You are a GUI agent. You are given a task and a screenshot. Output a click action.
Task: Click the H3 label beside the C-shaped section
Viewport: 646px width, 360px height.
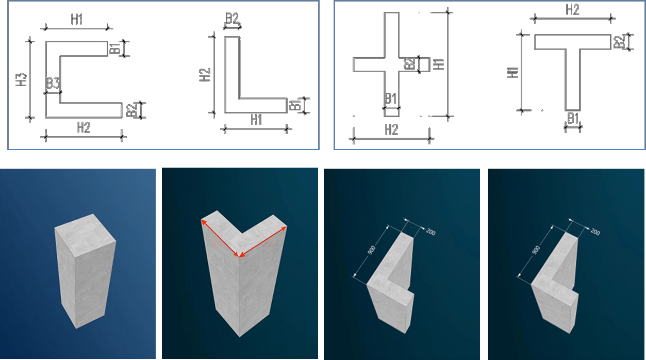coord(21,79)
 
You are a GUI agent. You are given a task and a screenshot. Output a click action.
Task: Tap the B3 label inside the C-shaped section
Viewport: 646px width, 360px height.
coord(53,84)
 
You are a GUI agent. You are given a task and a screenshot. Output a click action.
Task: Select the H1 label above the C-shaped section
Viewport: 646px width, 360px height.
coord(77,19)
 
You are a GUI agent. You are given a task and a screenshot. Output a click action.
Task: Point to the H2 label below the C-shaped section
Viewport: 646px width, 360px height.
coord(84,127)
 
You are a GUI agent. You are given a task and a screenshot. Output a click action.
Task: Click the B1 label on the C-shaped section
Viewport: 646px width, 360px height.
coord(115,48)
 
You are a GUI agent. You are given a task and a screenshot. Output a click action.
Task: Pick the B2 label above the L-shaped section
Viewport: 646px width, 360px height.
coord(232,19)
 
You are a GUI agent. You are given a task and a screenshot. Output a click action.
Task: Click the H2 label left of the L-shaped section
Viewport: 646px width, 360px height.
coord(205,75)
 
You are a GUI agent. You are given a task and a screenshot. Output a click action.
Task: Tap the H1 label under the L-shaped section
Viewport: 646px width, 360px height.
coord(256,120)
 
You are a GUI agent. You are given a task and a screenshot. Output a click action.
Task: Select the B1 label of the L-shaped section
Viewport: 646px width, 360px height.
coord(295,105)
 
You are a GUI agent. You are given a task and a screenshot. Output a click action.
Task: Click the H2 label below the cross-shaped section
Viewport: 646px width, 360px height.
coord(391,129)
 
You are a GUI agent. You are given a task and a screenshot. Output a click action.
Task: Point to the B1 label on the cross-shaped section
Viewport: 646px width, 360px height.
coord(391,99)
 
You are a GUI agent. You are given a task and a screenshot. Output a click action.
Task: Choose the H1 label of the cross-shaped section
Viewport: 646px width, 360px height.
coord(439,64)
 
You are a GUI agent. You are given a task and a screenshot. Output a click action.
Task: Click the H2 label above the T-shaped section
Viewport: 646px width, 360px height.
coord(572,9)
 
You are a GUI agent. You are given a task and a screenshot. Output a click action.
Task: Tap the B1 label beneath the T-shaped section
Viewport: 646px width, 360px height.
coord(573,118)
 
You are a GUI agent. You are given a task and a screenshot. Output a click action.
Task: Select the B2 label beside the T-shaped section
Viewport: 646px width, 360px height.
coord(619,42)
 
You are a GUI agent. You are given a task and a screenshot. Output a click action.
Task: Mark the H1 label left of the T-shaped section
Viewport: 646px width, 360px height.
coord(513,73)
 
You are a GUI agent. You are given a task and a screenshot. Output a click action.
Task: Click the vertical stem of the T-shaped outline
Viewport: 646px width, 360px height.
coord(573,80)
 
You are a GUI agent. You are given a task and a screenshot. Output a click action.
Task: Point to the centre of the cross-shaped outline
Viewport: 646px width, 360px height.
coord(392,64)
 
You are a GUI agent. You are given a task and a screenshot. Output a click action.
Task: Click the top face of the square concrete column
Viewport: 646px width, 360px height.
coord(85,235)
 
